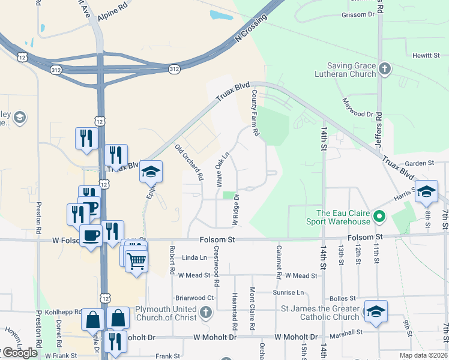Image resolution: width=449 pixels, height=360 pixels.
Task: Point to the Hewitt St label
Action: point(426,55)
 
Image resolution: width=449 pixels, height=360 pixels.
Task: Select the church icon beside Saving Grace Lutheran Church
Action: point(385,69)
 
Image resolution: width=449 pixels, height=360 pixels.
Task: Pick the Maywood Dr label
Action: point(358,107)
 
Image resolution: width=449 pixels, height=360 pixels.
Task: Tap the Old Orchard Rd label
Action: point(189,163)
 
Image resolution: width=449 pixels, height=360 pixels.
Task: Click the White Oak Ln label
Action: point(222,168)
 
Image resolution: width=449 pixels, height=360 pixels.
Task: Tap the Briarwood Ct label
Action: point(194,298)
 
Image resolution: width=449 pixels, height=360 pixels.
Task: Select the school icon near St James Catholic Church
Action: point(376,311)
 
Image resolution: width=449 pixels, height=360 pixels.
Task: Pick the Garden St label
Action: point(419,163)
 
